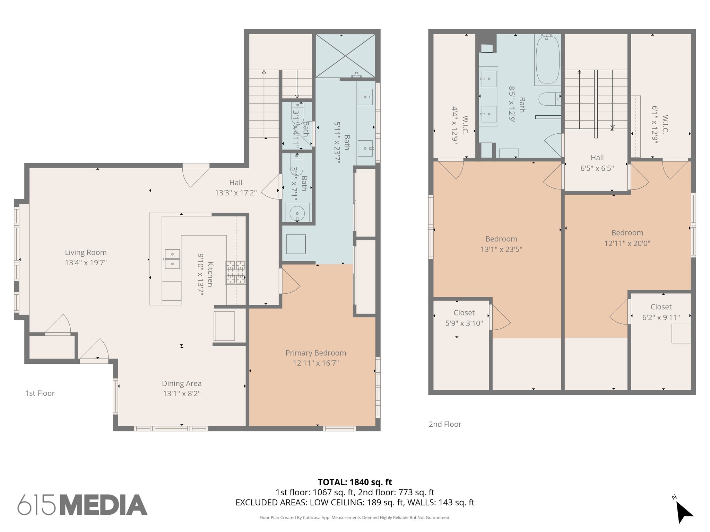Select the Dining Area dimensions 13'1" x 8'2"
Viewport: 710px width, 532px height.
coord(182,393)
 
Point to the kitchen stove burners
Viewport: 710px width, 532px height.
coord(235,272)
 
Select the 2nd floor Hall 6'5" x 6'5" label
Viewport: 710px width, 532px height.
coord(597,163)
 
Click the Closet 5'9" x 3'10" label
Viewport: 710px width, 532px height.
coord(464,318)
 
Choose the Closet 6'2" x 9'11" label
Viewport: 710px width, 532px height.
coord(661,312)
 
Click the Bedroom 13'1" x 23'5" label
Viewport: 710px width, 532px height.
coord(501,244)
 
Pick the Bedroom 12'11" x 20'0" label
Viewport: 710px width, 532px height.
coord(627,238)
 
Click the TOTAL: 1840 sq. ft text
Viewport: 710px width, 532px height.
coord(355,482)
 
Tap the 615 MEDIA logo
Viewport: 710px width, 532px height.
coord(83,505)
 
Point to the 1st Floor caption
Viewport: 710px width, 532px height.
coord(40,393)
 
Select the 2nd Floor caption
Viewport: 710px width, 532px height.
coord(445,424)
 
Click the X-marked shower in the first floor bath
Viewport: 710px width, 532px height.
coord(345,56)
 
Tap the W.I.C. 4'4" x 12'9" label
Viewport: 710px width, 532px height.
coord(460,125)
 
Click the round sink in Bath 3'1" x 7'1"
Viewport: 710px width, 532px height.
coord(297,212)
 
